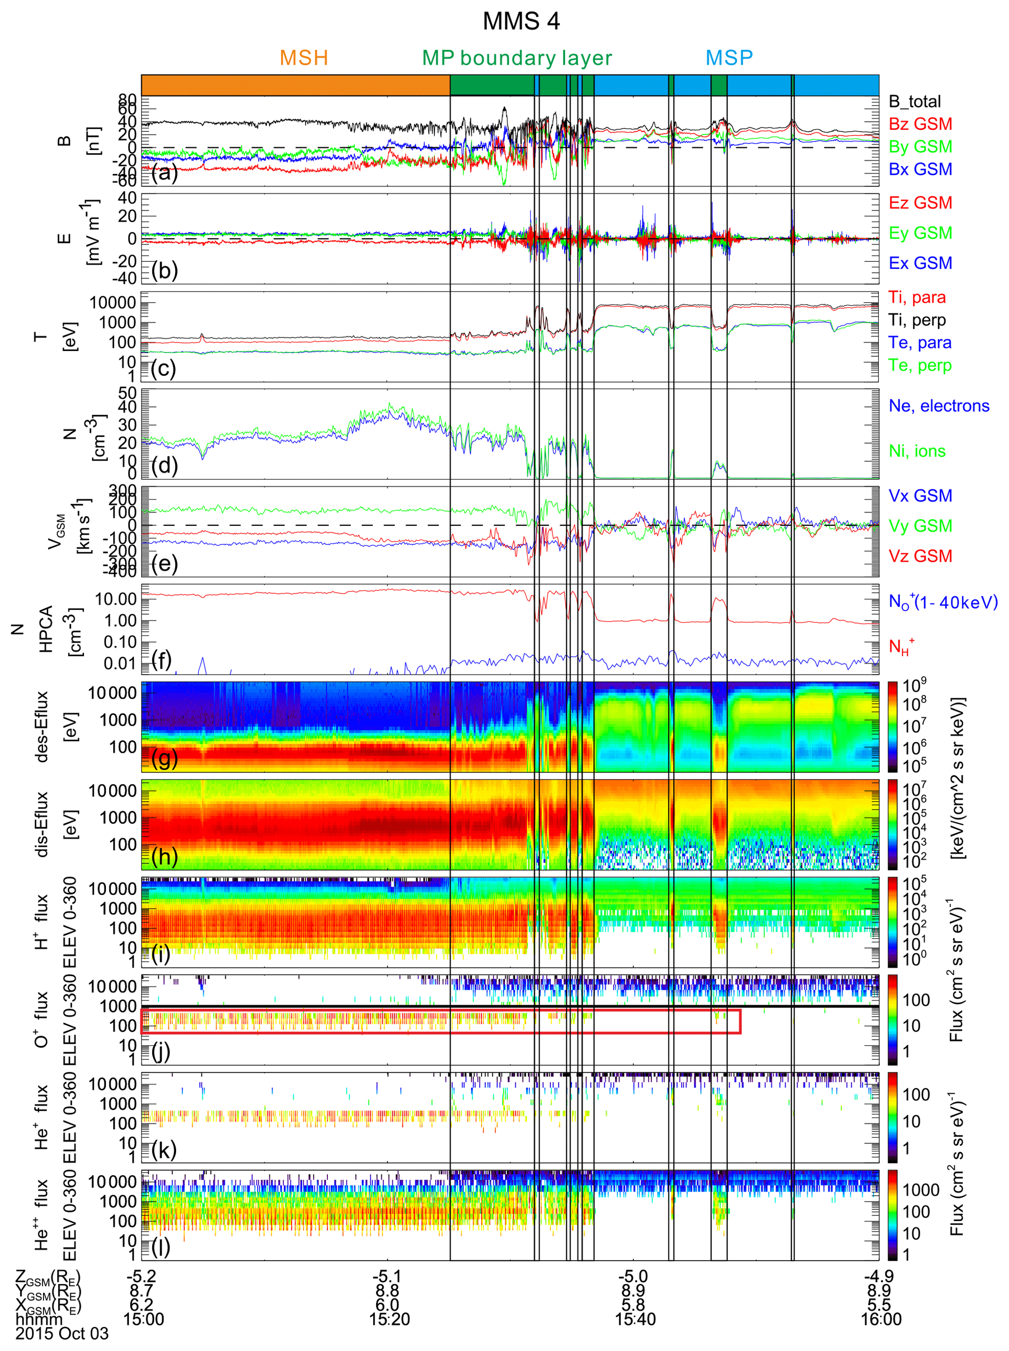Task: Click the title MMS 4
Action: pos(521,21)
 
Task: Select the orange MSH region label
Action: pos(303,58)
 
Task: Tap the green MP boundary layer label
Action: pos(516,58)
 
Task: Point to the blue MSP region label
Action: pos(729,58)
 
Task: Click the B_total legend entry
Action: pos(914,102)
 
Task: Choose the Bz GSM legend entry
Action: pos(920,124)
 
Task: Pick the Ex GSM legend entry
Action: pos(920,263)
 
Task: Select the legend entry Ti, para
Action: pos(917,297)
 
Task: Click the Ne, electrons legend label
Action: pos(938,406)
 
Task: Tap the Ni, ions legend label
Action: pos(917,451)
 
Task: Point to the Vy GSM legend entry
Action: pos(920,526)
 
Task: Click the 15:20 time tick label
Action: pos(389,1319)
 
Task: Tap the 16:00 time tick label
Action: pos(880,1319)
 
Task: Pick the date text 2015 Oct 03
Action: pos(61,1333)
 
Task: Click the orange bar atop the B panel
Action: pos(296,85)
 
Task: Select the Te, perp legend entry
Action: pos(920,365)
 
